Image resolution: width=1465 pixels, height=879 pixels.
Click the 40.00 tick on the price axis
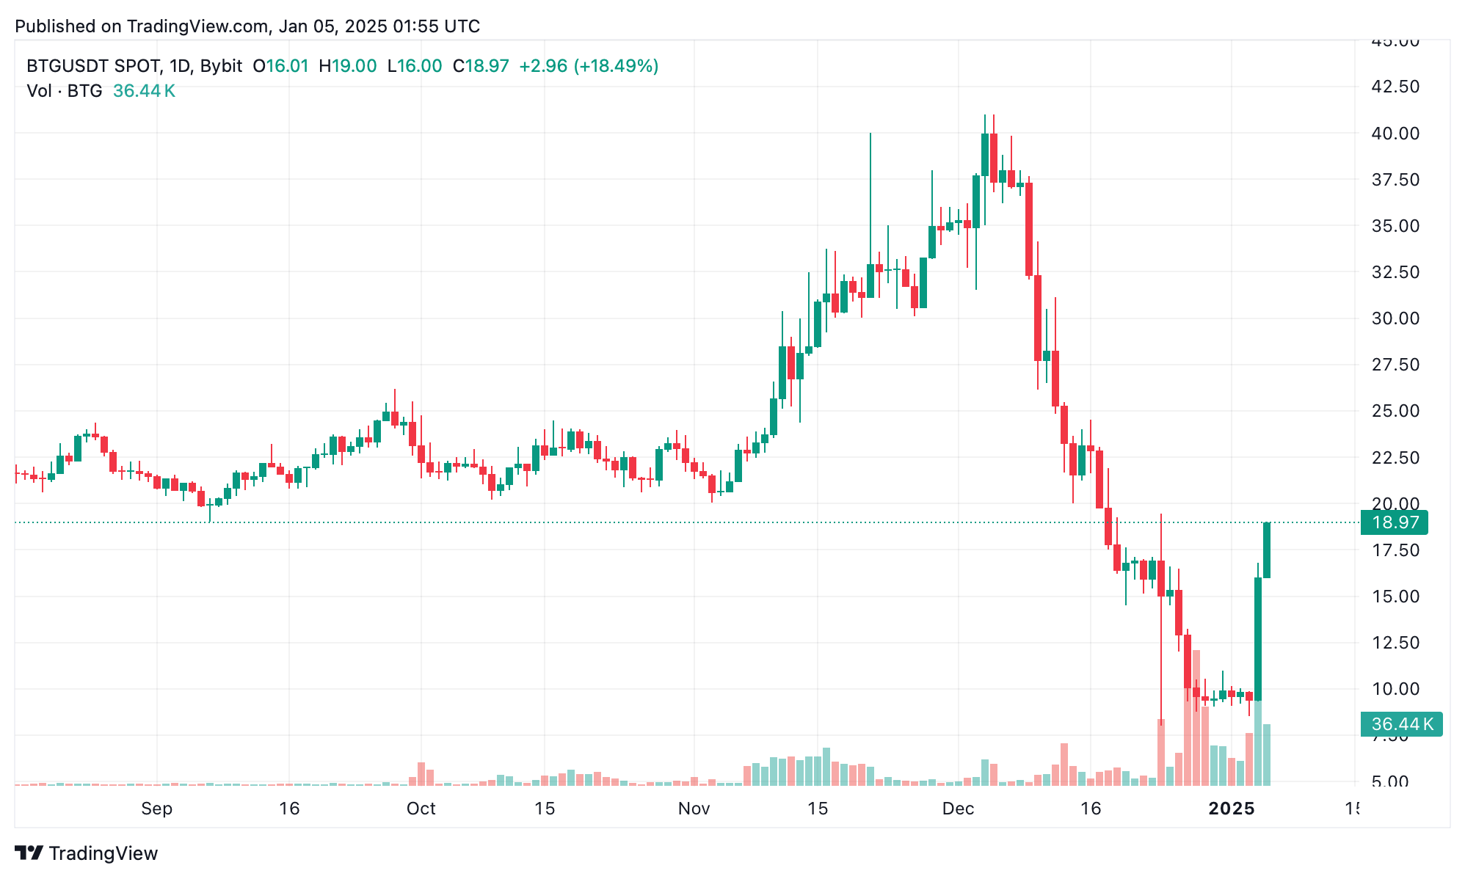coord(1395,134)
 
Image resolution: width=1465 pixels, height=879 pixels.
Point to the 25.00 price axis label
coord(1395,411)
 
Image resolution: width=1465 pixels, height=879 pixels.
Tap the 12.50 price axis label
coord(1395,643)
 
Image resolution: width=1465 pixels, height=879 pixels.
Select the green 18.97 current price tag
coord(1395,522)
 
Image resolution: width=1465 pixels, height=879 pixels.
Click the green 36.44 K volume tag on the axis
coord(1401,724)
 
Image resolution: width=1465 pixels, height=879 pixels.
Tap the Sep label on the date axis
coord(156,809)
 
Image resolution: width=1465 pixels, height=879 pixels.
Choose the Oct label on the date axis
coord(421,809)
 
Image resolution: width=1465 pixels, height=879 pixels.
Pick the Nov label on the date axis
coord(694,809)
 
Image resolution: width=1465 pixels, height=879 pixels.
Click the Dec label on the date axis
coord(958,809)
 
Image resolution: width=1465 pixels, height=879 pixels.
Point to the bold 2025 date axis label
coord(1232,809)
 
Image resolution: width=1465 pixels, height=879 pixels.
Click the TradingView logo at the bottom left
coord(87,853)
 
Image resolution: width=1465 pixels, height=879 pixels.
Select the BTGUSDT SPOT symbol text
coord(93,66)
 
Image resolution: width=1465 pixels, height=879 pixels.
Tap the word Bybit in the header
coord(221,66)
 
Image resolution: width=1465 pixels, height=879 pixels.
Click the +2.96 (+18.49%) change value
coord(589,66)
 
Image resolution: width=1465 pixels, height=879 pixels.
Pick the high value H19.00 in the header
coord(347,66)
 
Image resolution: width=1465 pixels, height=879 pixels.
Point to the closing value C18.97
coord(481,66)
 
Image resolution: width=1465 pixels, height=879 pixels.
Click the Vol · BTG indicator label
coord(65,91)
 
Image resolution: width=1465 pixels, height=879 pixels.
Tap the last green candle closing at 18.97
coord(1267,550)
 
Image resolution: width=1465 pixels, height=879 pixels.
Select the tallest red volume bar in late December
coord(1196,718)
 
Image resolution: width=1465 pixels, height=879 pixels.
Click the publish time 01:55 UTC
coord(436,26)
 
